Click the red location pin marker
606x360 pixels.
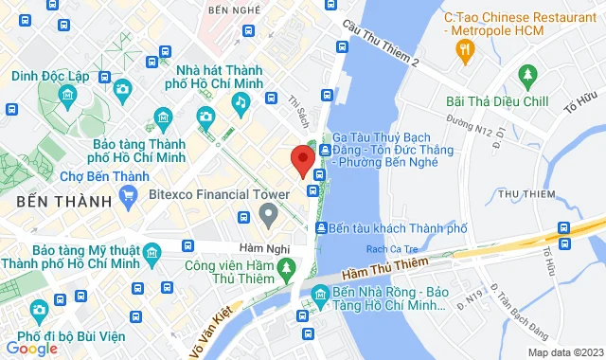pos(302,161)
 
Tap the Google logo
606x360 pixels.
pos(30,349)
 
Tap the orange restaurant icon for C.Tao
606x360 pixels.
pos(464,56)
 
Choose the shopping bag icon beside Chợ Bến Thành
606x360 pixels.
pos(130,200)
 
